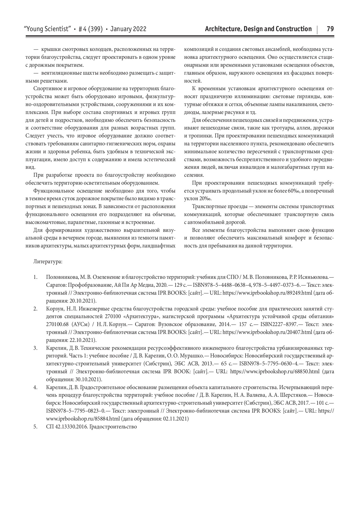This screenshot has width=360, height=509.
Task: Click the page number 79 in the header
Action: (330, 29)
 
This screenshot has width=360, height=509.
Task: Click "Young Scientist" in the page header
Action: (48, 29)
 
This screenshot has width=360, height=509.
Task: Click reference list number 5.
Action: (35, 426)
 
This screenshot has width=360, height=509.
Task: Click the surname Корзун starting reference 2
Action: (53, 308)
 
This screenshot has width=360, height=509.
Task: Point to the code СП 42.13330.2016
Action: (67, 426)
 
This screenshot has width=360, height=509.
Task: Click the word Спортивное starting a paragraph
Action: (46, 89)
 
